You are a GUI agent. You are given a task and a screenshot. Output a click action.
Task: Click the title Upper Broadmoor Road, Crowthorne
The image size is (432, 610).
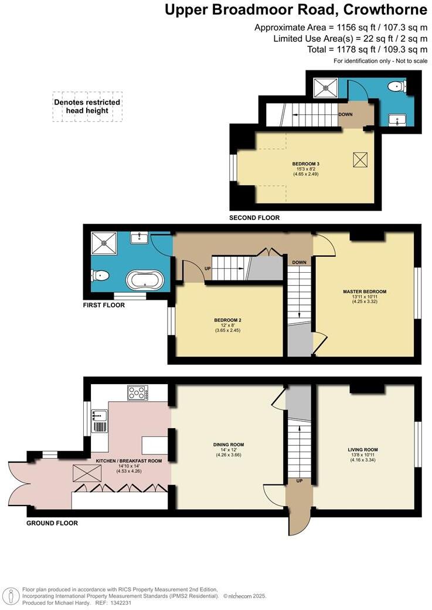click(295, 10)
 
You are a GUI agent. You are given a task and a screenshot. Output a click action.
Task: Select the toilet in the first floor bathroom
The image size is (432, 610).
click(100, 274)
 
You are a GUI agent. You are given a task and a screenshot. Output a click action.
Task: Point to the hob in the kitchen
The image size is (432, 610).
click(137, 393)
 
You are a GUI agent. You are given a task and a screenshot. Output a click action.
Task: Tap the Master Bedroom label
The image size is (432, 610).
click(365, 292)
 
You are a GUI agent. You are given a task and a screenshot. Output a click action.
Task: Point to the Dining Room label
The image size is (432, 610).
click(228, 445)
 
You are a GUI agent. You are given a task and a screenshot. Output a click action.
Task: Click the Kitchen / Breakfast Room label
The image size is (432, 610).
click(128, 461)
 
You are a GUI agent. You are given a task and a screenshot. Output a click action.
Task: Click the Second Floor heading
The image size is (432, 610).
click(254, 218)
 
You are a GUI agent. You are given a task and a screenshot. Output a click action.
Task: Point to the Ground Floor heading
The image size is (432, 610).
click(52, 523)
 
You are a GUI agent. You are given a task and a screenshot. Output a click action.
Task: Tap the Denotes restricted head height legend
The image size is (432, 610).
click(87, 106)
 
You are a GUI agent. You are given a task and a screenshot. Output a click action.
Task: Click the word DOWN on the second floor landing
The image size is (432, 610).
click(345, 114)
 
